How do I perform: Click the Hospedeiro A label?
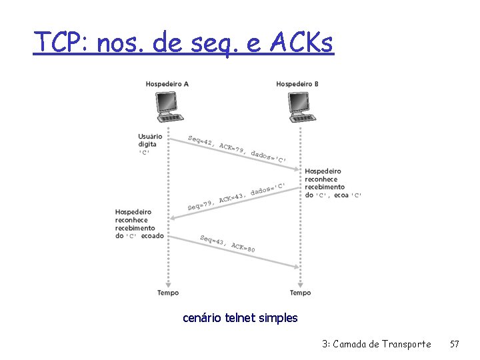(x=167, y=83)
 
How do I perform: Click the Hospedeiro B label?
(x=297, y=83)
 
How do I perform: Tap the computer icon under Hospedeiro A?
(x=169, y=106)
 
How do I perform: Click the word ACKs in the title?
(x=301, y=43)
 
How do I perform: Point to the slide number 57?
(x=455, y=344)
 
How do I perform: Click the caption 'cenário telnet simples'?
(x=240, y=318)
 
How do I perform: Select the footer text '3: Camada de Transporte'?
(x=376, y=344)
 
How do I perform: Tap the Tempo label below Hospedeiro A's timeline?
(x=168, y=292)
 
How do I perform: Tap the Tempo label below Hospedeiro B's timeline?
(x=300, y=292)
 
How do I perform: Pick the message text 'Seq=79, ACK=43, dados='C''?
(x=237, y=196)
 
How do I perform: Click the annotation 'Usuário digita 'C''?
(x=149, y=144)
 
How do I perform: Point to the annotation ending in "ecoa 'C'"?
(x=333, y=183)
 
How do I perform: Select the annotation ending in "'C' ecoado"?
(x=139, y=224)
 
